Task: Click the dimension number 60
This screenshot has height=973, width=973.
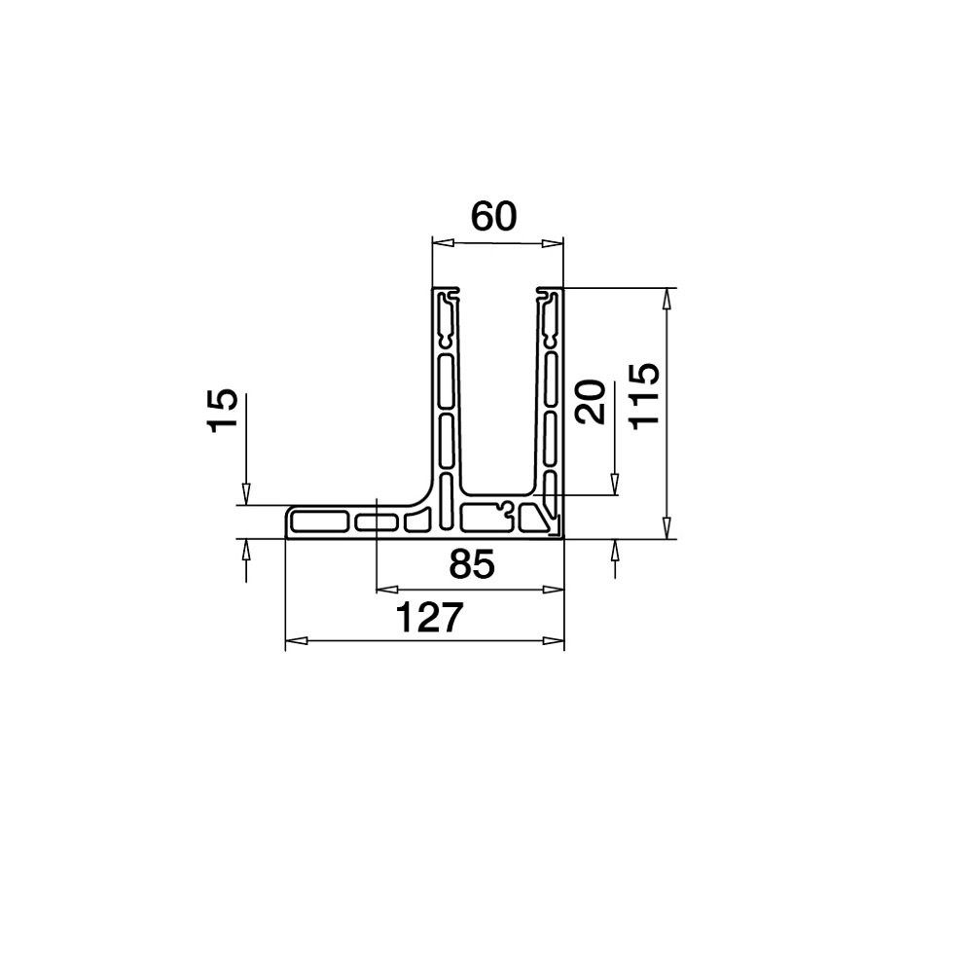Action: pyautogui.click(x=493, y=216)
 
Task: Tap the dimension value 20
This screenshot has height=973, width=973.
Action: pyautogui.click(x=591, y=401)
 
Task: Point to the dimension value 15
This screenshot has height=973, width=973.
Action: pyautogui.click(x=222, y=411)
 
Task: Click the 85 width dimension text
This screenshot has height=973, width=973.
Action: pyautogui.click(x=471, y=564)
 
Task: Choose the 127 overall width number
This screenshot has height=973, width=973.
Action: pyautogui.click(x=425, y=618)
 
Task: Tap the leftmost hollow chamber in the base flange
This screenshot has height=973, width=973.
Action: pyautogui.click(x=320, y=521)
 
